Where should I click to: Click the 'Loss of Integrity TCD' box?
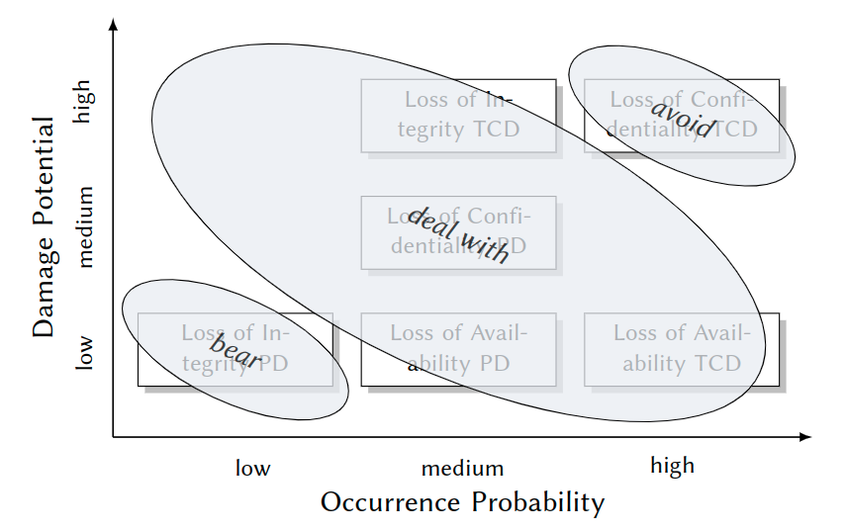click(x=458, y=115)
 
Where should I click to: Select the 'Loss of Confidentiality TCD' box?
click(x=682, y=115)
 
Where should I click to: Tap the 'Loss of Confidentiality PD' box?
click(x=458, y=232)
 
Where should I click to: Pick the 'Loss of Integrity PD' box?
click(x=235, y=349)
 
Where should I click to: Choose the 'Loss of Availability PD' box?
click(x=458, y=349)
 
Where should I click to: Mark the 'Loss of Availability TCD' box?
click(x=682, y=349)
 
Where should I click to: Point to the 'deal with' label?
click(x=458, y=235)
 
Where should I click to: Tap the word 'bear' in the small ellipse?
click(x=235, y=350)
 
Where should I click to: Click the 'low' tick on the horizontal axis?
click(x=252, y=468)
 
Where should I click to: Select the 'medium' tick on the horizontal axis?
click(x=462, y=468)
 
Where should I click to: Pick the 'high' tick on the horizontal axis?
click(x=672, y=466)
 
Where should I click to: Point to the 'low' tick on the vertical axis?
click(x=84, y=351)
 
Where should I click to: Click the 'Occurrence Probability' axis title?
click(x=462, y=502)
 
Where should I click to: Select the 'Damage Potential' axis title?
click(x=45, y=227)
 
